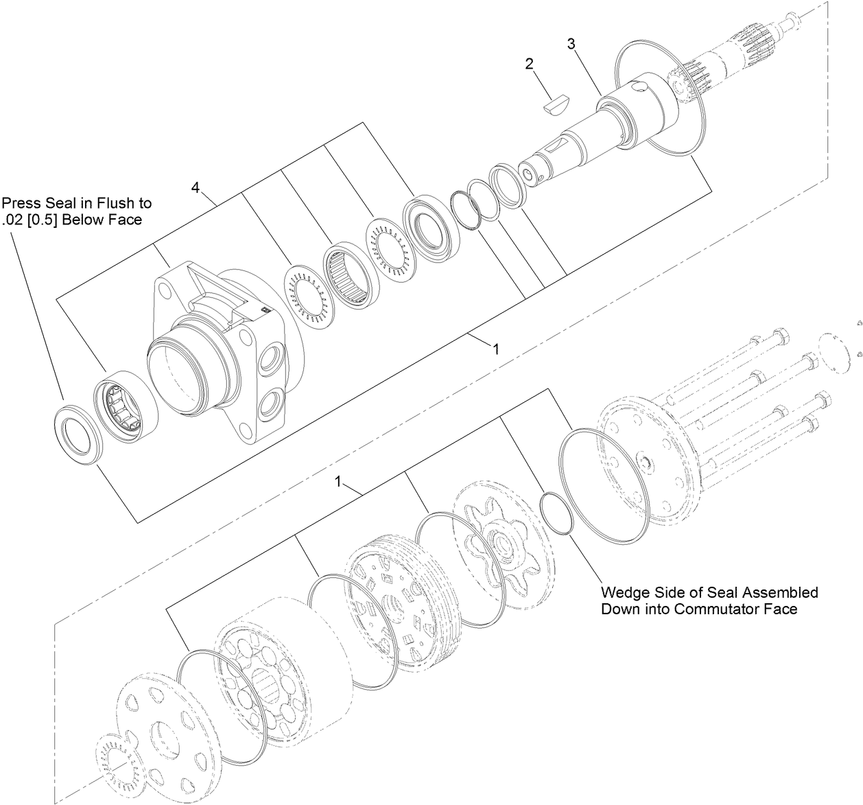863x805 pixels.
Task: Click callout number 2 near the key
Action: pyautogui.click(x=529, y=64)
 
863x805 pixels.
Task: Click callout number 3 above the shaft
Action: pyautogui.click(x=571, y=44)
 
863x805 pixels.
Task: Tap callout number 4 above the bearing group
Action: pyautogui.click(x=196, y=188)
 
